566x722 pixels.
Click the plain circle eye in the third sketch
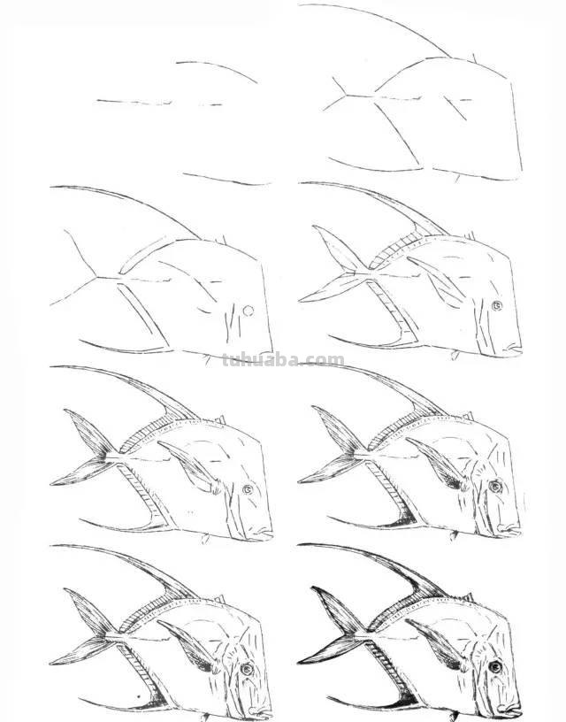pyautogui.click(x=249, y=311)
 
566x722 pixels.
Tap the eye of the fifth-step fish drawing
pyautogui.click(x=248, y=488)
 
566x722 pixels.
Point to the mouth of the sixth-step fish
pyautogui.click(x=512, y=529)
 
